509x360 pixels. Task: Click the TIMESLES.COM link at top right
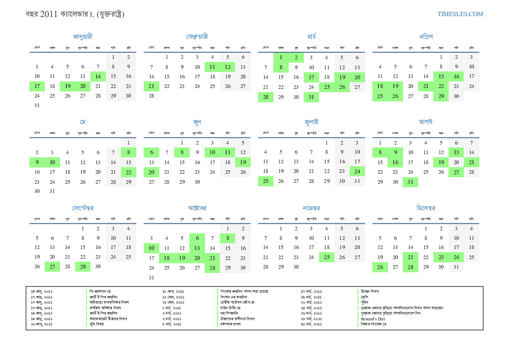(460, 14)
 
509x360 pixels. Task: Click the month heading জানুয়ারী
(83, 37)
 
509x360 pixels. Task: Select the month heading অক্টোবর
(197, 208)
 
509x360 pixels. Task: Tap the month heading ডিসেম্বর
(426, 208)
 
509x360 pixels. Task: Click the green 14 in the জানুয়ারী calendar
(98, 77)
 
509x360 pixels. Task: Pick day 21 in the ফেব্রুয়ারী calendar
(151, 86)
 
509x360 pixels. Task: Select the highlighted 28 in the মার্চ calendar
(266, 97)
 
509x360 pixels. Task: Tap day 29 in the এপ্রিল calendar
(441, 97)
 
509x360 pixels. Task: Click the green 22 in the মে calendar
(128, 172)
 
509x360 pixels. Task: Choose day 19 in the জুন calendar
(243, 162)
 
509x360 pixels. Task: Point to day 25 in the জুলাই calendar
(266, 182)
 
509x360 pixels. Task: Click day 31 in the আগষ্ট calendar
(410, 182)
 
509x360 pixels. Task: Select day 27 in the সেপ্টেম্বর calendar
(52, 267)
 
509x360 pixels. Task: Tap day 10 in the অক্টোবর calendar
(151, 248)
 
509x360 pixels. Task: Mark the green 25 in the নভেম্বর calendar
(327, 257)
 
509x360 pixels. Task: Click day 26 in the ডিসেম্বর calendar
(380, 267)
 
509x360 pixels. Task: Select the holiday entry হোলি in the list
(364, 296)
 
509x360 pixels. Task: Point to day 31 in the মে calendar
(52, 191)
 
